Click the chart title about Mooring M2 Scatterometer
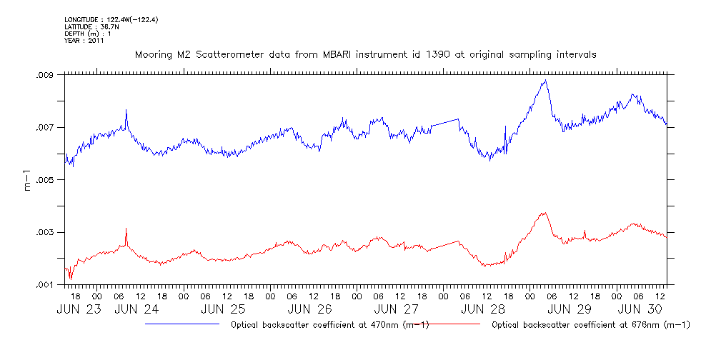pyautogui.click(x=365, y=54)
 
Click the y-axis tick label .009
pyautogui.click(x=45, y=75)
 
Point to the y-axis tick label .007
pyautogui.click(x=45, y=127)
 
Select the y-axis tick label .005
pyautogui.click(x=45, y=180)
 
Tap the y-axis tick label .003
pyautogui.click(x=45, y=233)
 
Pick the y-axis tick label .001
pyautogui.click(x=45, y=285)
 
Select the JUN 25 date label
pyautogui.click(x=223, y=309)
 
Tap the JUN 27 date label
pyautogui.click(x=397, y=309)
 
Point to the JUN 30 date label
pyautogui.click(x=637, y=309)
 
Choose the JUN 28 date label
pyautogui.click(x=483, y=309)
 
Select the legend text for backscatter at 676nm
pyautogui.click(x=591, y=325)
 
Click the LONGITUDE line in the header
pyautogui.click(x=111, y=20)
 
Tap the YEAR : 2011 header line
pyautogui.click(x=84, y=41)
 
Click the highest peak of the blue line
pyautogui.click(x=545, y=81)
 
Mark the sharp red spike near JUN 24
pyautogui.click(x=126, y=229)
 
